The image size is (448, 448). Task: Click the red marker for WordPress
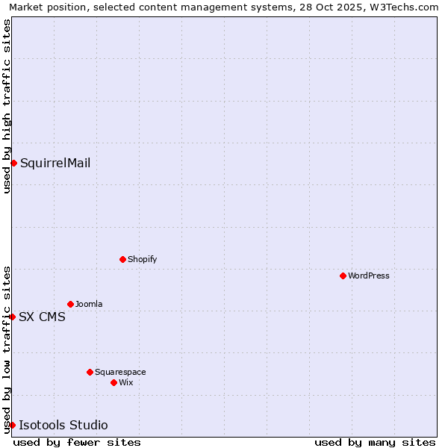[343, 276]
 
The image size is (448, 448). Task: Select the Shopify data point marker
[122, 259]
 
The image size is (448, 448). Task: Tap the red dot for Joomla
[70, 304]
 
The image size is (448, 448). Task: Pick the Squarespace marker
[90, 372]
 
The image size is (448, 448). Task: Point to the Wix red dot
[113, 382]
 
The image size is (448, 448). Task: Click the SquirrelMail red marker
[13, 163]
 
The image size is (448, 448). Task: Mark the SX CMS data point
[12, 317]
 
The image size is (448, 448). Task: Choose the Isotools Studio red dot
[12, 425]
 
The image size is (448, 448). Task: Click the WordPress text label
[369, 276]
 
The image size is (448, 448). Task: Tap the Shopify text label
[142, 259]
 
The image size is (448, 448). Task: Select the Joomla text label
[89, 304]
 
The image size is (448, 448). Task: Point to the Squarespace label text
[120, 372]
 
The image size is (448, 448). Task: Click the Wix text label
[126, 382]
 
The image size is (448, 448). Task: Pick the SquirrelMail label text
[55, 163]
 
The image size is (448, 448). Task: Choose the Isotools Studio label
[63, 426]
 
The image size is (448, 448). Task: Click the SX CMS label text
[42, 317]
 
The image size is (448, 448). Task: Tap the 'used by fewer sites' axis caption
[77, 442]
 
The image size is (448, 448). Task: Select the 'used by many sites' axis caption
[375, 442]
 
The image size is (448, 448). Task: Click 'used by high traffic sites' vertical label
[7, 107]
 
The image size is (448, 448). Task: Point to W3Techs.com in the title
[402, 7]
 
